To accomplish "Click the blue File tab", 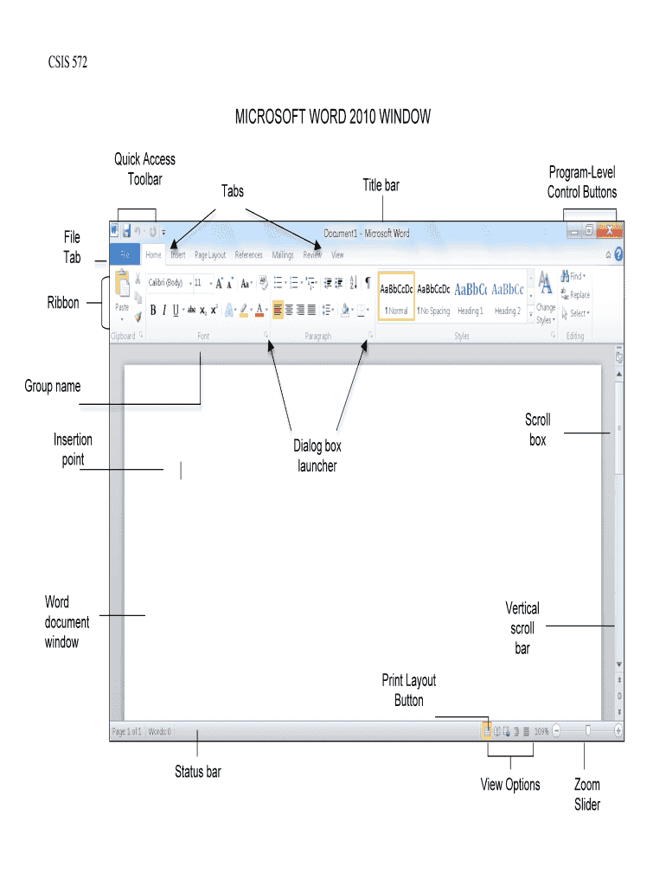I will click(x=125, y=255).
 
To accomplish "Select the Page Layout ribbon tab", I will click(x=210, y=255).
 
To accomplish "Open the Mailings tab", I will click(x=283, y=255).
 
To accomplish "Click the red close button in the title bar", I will click(x=611, y=231).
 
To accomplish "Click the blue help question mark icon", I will click(x=618, y=255).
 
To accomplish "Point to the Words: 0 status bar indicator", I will click(x=160, y=731).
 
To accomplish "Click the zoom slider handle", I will click(x=588, y=731).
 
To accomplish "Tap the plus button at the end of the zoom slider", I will click(x=618, y=731).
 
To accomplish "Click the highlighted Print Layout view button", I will click(x=487, y=731).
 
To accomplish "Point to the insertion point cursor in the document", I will click(x=181, y=470).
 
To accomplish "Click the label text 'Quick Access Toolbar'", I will click(x=144, y=169).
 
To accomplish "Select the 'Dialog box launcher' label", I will click(x=317, y=456).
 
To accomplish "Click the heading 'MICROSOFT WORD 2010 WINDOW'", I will click(x=333, y=117).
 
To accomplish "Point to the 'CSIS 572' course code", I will click(x=67, y=62).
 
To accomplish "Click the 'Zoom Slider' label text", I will click(x=587, y=794).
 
